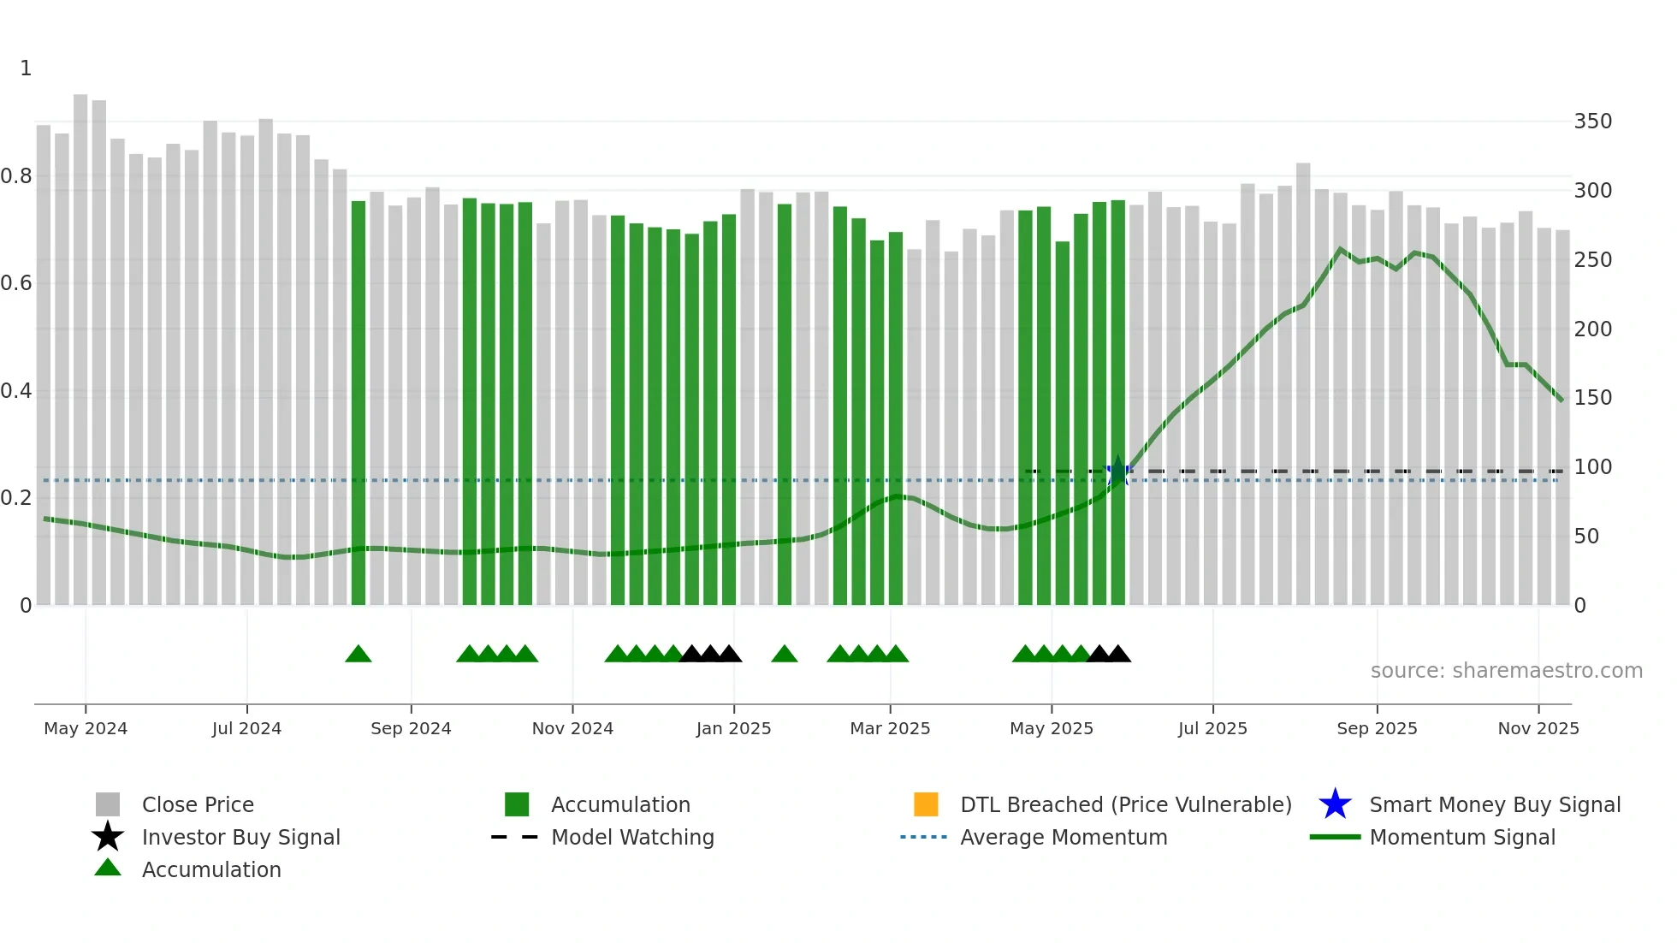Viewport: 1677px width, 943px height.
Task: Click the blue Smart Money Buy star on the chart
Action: tap(1117, 471)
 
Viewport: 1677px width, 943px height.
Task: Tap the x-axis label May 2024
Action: tap(86, 728)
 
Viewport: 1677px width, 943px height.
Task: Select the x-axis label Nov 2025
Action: tap(1538, 728)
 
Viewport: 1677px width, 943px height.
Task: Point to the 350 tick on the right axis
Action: tap(1592, 122)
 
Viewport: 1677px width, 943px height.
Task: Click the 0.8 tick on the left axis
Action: tap(17, 176)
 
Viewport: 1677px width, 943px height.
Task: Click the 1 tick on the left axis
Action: tap(26, 68)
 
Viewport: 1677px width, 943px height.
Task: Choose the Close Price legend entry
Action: tap(197, 804)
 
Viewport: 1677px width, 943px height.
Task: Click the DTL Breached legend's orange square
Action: tap(926, 804)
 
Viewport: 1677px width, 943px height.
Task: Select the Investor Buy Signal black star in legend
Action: tap(108, 837)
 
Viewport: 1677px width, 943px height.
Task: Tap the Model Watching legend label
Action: tap(631, 837)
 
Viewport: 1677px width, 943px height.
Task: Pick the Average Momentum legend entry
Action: tap(1063, 837)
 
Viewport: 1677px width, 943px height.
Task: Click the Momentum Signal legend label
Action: tap(1461, 837)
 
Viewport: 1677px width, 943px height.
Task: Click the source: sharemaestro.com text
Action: tap(1506, 671)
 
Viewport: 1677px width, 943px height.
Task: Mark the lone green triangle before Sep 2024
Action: tap(359, 655)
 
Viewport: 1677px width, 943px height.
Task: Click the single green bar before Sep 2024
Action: tap(359, 402)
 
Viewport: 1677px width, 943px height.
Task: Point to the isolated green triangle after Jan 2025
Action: tap(785, 655)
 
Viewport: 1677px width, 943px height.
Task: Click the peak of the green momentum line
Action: tap(1340, 249)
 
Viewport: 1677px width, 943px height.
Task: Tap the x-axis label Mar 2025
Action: tap(890, 728)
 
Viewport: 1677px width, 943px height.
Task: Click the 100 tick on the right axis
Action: tap(1592, 467)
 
